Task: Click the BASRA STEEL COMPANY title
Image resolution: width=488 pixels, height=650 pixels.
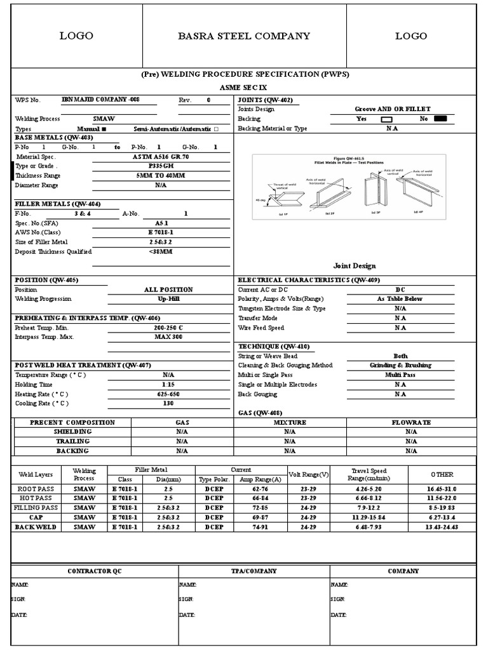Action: click(x=244, y=36)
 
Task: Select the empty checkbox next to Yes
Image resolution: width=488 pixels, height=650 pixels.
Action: click(x=386, y=119)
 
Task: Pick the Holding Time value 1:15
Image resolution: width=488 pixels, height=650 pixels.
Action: click(x=168, y=385)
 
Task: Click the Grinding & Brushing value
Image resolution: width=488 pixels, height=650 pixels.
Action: click(x=400, y=366)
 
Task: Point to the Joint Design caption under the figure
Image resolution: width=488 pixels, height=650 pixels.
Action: click(x=354, y=266)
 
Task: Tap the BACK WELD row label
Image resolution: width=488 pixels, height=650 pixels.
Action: click(x=36, y=527)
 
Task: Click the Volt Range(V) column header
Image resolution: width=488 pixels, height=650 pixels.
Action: click(x=309, y=475)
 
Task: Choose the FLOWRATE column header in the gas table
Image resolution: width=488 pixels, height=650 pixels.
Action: click(x=411, y=422)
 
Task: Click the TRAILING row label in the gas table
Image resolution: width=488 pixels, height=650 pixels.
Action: click(x=73, y=441)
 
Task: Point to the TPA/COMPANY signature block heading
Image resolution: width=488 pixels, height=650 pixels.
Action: click(x=254, y=571)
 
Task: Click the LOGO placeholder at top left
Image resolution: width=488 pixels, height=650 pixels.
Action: click(x=76, y=36)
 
